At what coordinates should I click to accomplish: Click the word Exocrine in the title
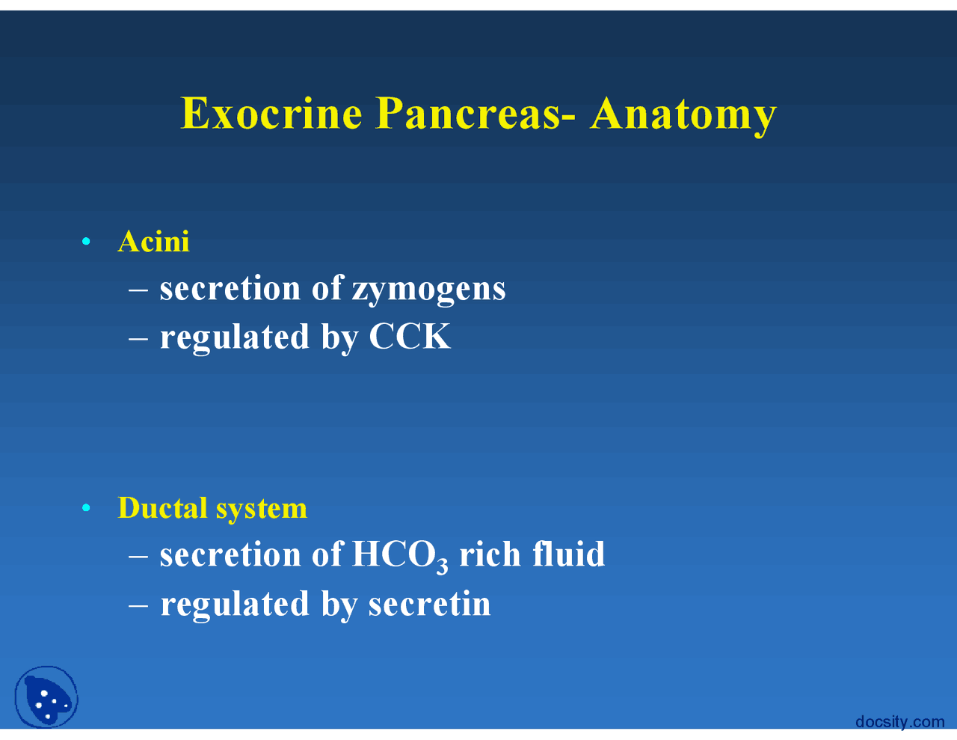[x=271, y=113]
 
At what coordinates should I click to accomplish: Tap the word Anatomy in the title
[x=683, y=114]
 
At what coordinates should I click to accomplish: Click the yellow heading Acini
[x=153, y=242]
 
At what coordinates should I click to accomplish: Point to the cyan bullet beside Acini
[x=87, y=242]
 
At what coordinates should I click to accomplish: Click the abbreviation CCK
[x=410, y=337]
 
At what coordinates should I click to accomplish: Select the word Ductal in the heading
[x=162, y=508]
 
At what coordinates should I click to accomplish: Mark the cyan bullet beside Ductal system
[x=87, y=509]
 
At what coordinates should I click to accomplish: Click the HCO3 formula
[x=400, y=556]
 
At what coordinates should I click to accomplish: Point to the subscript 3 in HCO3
[x=443, y=566]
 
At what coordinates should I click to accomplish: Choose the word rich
[x=490, y=554]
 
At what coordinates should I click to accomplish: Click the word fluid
[x=568, y=554]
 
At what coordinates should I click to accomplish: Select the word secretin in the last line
[x=429, y=604]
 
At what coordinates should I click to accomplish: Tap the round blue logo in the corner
[x=46, y=697]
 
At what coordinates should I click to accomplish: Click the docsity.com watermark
[x=899, y=722]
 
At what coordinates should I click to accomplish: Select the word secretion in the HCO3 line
[x=230, y=555]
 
